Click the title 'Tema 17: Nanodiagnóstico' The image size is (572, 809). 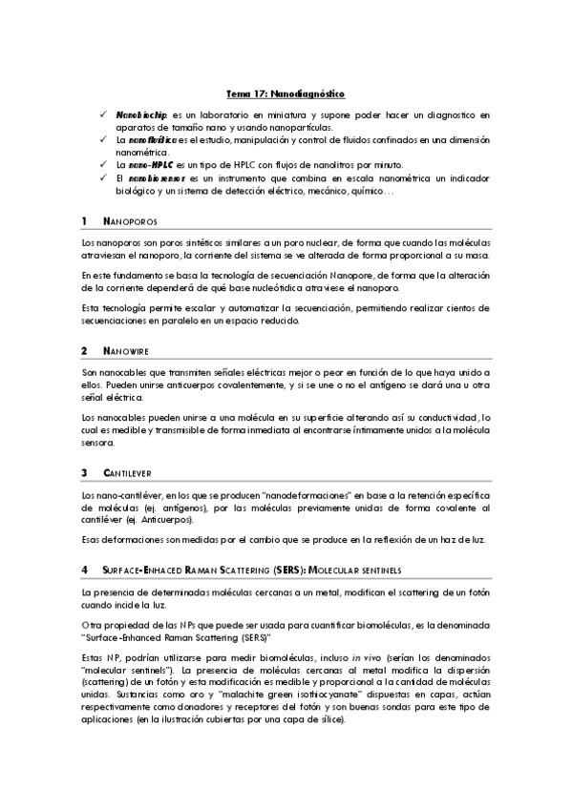(x=285, y=94)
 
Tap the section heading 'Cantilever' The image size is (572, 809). (x=125, y=472)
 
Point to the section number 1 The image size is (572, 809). (x=85, y=222)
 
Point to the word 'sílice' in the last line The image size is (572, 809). (x=321, y=720)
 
